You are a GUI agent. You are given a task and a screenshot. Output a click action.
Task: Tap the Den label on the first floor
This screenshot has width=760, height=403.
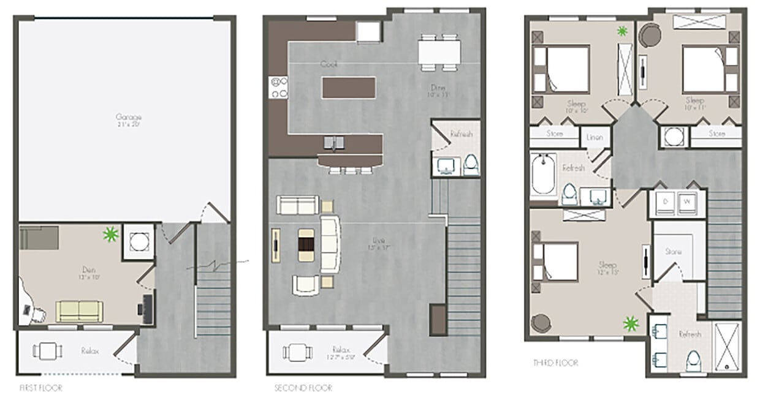pos(88,268)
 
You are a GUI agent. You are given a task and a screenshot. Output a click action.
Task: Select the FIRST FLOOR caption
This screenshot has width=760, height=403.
pos(40,388)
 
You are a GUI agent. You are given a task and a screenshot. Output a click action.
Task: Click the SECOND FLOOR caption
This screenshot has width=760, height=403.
pos(303,388)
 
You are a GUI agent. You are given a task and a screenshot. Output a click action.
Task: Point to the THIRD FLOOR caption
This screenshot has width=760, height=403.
pos(555,363)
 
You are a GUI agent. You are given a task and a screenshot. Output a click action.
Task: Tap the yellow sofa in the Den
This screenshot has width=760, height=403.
pos(80,311)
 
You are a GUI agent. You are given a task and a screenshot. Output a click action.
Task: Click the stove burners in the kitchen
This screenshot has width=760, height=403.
pos(279,87)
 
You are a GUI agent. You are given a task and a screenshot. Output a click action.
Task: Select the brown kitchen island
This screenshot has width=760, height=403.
pos(349,87)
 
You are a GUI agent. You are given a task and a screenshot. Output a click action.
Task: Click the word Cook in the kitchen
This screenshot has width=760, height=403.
pos(329,64)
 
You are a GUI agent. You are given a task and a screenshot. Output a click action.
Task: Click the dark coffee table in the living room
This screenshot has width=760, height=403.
pos(306,245)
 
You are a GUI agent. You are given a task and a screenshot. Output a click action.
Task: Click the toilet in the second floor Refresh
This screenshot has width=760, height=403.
pos(471,164)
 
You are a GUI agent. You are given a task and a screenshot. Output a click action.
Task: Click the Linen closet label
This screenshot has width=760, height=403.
pos(595,137)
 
